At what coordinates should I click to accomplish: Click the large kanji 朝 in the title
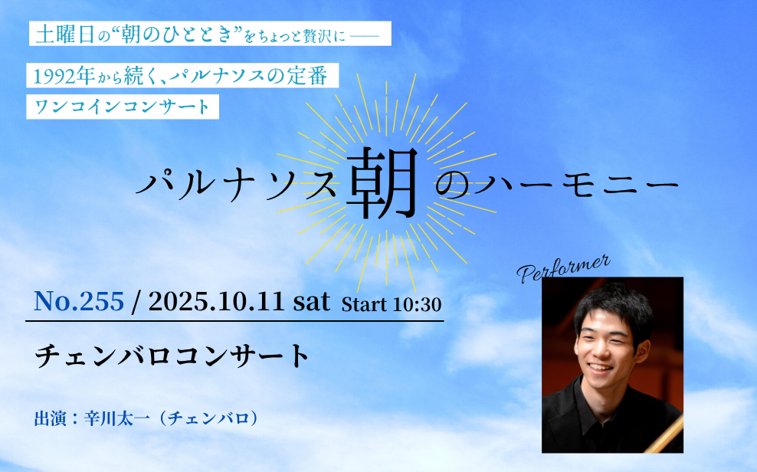[382, 182]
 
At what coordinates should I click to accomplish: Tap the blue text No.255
[79, 301]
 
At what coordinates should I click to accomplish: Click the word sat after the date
[312, 302]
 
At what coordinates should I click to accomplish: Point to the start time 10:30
[417, 304]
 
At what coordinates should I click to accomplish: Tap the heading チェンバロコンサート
[172, 356]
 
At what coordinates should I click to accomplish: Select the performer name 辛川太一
[118, 418]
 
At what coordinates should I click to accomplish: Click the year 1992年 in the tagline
[64, 76]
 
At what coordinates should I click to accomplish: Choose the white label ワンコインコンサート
[123, 107]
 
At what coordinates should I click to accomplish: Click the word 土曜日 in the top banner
[64, 34]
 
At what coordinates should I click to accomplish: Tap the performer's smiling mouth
[601, 368]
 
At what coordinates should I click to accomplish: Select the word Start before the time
[365, 304]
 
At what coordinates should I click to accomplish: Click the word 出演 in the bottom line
[51, 418]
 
